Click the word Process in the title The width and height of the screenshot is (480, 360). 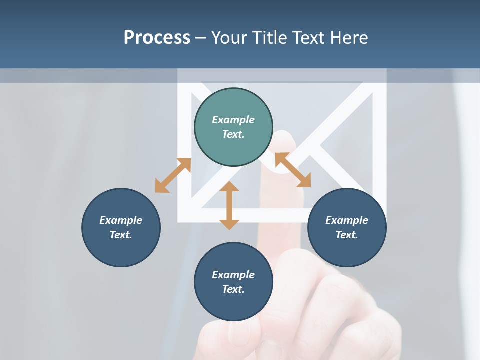tap(157, 38)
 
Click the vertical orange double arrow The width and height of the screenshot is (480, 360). tap(229, 206)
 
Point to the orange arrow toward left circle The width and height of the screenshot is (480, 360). tap(173, 175)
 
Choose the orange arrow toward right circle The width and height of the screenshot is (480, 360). tap(293, 170)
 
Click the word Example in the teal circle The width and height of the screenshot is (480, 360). tap(233, 120)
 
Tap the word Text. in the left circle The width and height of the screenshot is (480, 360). tap(121, 235)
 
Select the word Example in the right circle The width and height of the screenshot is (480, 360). tap(347, 220)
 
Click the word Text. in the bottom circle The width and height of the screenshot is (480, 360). tap(233, 289)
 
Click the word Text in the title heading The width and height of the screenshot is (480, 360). tap(310, 38)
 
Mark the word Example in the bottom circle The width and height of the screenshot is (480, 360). tap(233, 275)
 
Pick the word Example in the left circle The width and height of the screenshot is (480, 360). tap(121, 220)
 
